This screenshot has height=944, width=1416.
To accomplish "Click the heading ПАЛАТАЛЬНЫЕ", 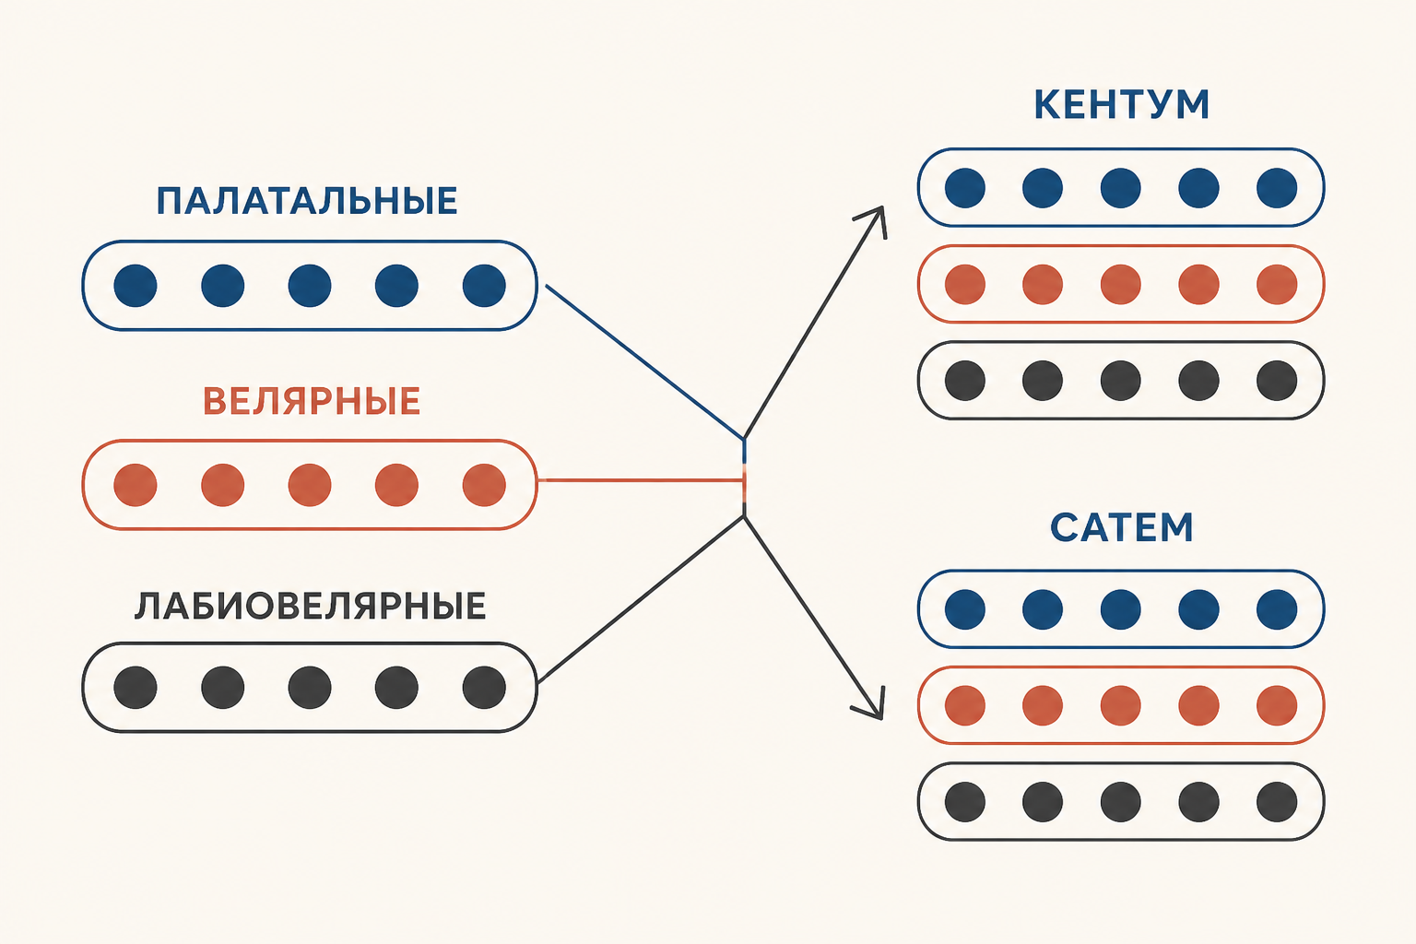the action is coord(307,201).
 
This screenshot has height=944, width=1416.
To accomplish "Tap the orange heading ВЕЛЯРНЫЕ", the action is coord(312,401).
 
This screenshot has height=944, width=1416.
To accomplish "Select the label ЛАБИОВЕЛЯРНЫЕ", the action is coord(311,606).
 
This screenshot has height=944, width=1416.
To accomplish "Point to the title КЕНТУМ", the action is coord(1121,105).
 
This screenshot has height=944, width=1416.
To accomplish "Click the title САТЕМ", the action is coord(1121,527).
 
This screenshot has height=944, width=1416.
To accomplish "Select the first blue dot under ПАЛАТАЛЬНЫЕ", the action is coord(136,286).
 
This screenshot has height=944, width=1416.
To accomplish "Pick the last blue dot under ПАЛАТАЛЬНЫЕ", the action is coord(484,286).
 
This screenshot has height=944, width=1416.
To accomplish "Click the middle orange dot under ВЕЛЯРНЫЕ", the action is coord(310,485).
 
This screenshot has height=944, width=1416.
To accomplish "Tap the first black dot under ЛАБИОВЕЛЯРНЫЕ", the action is coord(136,688).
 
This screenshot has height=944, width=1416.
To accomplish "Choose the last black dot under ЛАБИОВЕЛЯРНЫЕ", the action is coord(484,688).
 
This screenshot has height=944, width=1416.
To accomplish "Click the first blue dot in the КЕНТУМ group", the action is coord(964,188).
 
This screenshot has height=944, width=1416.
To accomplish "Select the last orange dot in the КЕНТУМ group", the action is coord(1277,285).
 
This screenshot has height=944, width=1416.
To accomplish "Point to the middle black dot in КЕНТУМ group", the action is coord(1121,381).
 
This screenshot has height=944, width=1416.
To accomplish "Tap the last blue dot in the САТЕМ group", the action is coord(1277,609).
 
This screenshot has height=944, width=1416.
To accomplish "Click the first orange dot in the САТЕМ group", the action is coord(964,705).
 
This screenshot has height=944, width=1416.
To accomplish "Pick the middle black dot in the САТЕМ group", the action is coord(1121,802).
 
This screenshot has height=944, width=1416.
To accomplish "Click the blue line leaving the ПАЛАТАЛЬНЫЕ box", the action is coord(644,361).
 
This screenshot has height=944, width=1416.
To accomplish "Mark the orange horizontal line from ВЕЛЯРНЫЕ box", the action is coord(643,480).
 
